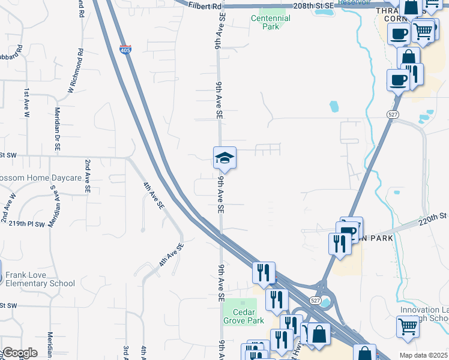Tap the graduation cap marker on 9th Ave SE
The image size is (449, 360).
click(224, 158)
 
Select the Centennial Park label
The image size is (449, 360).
click(270, 22)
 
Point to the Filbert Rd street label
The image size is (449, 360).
click(205, 6)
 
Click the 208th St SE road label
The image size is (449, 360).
click(314, 5)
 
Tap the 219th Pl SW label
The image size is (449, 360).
click(27, 223)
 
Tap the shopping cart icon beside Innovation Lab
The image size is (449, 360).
click(408, 327)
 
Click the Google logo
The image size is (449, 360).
click(20, 353)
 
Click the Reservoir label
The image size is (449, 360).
click(355, 2)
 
